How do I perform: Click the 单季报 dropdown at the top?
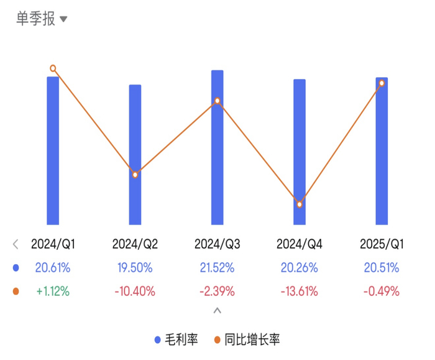click(41, 19)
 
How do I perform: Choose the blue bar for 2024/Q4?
click(300, 152)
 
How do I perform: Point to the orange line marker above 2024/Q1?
click(53, 68)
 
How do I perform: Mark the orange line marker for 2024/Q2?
click(135, 175)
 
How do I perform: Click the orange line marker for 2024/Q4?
click(300, 205)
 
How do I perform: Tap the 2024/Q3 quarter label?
click(217, 244)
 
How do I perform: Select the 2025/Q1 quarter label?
click(382, 244)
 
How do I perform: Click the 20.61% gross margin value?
click(53, 268)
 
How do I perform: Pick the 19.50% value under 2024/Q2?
click(135, 268)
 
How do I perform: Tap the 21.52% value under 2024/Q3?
click(217, 268)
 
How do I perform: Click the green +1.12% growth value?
click(53, 291)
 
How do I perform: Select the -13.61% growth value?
click(300, 291)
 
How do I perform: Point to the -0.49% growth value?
click(382, 291)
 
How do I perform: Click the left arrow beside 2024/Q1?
click(16, 244)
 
